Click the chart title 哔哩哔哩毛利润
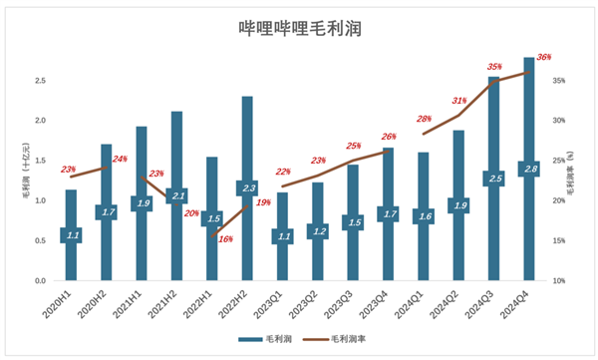click(299, 30)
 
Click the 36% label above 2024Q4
click(544, 58)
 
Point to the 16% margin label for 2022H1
click(225, 239)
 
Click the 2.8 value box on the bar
click(529, 170)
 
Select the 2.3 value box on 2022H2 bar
click(247, 187)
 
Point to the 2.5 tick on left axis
click(40, 81)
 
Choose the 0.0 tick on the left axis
click(40, 281)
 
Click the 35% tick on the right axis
click(560, 81)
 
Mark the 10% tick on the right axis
click(560, 281)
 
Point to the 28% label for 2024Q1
click(425, 119)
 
